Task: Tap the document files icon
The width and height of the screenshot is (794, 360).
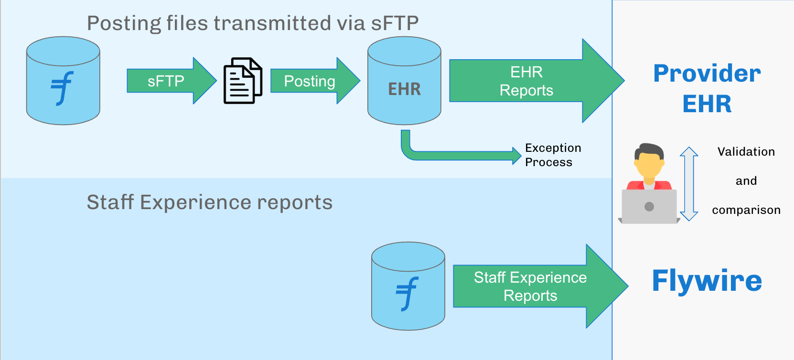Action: coord(243,81)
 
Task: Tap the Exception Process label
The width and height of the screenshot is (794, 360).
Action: coord(553,155)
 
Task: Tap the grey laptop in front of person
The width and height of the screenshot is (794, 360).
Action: coord(649,206)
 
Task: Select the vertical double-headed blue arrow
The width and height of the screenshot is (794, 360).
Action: coord(688,184)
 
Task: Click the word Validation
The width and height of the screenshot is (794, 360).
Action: coord(746,152)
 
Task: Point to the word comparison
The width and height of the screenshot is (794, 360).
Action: coord(746,210)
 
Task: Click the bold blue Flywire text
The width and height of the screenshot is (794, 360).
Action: coord(707,281)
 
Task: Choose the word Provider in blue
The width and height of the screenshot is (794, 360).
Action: coord(707,74)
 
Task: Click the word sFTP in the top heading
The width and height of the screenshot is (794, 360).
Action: coord(395,23)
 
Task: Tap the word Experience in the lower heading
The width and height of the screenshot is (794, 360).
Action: coord(195,202)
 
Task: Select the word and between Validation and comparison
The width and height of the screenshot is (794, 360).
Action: coord(746,181)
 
